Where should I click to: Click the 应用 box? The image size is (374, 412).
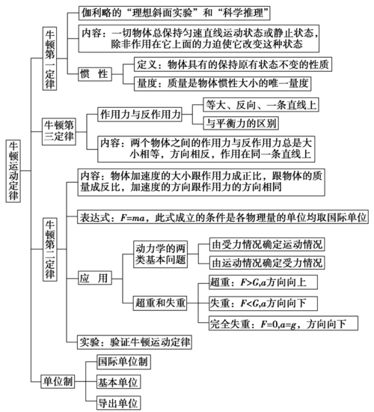[93, 278]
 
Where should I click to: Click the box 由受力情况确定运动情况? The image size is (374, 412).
[266, 244]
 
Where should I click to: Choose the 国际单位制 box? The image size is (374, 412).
[123, 361]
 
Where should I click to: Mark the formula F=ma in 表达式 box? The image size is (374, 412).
[132, 217]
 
